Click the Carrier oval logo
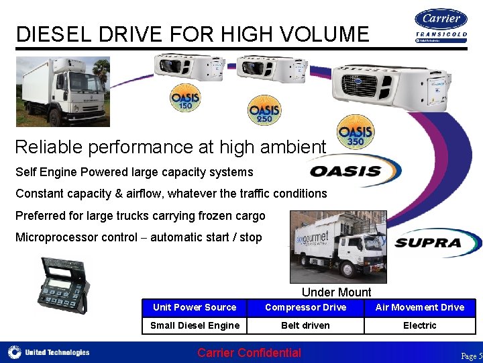[441, 19]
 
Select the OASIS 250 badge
[264, 110]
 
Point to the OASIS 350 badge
[355, 132]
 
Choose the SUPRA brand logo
[430, 243]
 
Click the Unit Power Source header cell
[195, 307]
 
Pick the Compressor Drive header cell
[305, 307]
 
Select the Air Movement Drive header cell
[419, 307]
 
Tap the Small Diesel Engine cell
[195, 325]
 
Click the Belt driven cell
[305, 325]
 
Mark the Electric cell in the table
[419, 325]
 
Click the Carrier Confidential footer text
[249, 353]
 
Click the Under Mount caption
[336, 292]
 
